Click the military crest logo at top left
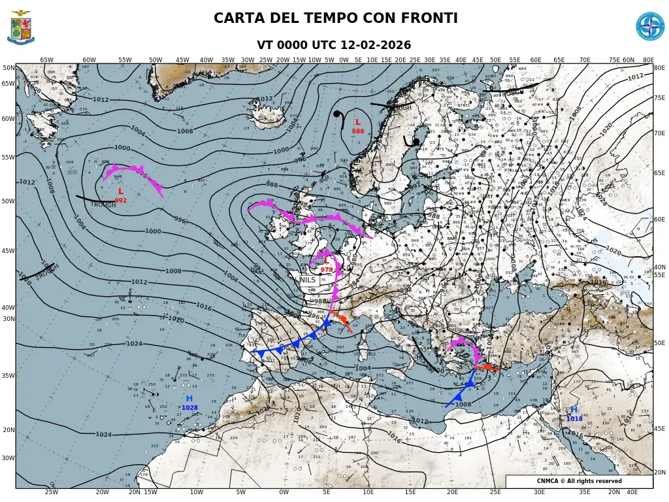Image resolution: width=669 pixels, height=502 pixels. click(21, 27)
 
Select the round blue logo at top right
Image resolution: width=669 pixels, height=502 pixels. click(649, 26)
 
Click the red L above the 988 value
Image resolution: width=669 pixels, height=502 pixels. click(357, 122)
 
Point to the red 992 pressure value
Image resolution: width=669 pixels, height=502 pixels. click(121, 201)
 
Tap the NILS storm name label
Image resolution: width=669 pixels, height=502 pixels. click(308, 280)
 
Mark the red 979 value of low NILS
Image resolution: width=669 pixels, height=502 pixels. click(327, 269)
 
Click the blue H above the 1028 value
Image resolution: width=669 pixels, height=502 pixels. click(189, 399)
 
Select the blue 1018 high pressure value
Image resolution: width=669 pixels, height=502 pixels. click(574, 418)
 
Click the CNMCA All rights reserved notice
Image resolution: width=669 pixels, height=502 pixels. click(579, 481)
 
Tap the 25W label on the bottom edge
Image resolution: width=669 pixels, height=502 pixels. click(51, 492)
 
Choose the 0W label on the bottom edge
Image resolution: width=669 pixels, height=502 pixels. click(284, 492)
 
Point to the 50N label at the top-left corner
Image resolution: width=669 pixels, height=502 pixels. click(8, 67)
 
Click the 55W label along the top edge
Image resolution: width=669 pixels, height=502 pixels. click(125, 60)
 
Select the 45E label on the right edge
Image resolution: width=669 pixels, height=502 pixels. click(660, 429)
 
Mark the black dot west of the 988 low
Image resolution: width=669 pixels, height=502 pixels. click(336, 114)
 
